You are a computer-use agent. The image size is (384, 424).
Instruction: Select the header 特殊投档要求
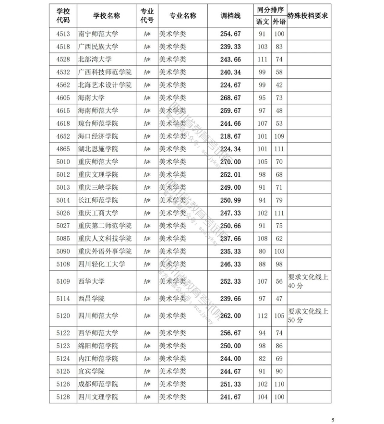(x=307, y=16)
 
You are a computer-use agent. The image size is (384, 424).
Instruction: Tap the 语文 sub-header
(x=262, y=22)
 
